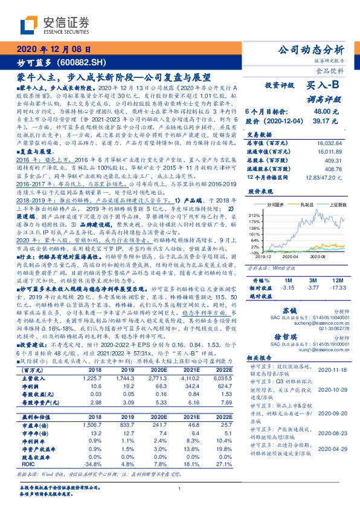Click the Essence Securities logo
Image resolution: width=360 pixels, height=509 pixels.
click(55, 24)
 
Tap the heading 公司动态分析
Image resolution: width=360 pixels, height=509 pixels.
click(310, 50)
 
